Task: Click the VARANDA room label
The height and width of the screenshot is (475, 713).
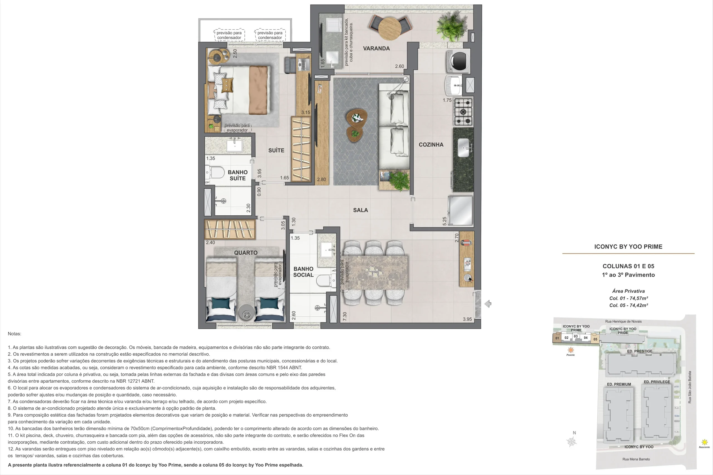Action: [376, 48]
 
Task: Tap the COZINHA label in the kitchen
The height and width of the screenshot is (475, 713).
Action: [431, 145]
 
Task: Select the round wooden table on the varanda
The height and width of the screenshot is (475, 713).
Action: [390, 29]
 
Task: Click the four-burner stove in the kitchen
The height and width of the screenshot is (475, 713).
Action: [463, 112]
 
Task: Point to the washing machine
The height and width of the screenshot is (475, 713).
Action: [458, 61]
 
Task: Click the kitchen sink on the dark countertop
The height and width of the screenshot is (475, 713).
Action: [464, 148]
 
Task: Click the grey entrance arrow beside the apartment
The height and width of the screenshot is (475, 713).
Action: [488, 304]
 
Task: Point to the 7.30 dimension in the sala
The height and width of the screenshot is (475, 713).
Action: [345, 317]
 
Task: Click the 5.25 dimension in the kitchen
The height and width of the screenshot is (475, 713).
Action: [445, 221]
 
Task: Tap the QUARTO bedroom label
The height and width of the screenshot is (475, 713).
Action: [246, 253]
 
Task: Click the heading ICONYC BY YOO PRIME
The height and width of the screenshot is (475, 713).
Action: [628, 247]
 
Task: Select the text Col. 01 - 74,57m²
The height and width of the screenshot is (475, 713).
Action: [628, 298]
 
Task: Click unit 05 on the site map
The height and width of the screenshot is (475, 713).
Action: [595, 339]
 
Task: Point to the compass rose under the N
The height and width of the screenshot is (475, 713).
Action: [572, 442]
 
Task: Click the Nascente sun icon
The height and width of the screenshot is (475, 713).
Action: [705, 442]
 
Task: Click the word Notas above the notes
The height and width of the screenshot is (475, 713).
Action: [14, 334]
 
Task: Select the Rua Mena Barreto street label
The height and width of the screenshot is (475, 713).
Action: [636, 459]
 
